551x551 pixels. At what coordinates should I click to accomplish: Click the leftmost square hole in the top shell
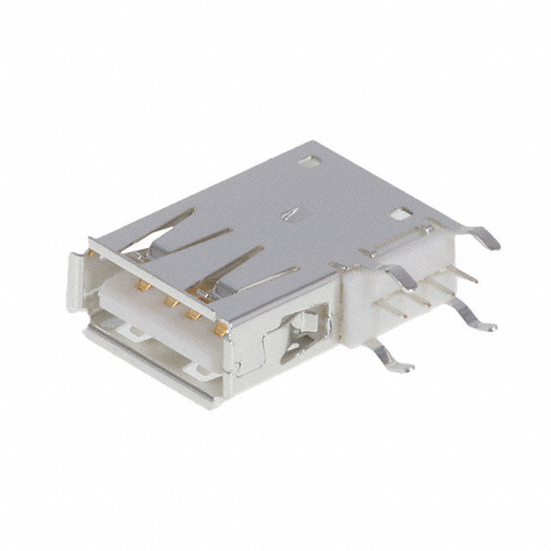point(306,160)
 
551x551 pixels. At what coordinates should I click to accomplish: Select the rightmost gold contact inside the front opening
point(221,327)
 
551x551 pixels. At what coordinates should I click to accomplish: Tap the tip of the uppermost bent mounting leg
point(493,245)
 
